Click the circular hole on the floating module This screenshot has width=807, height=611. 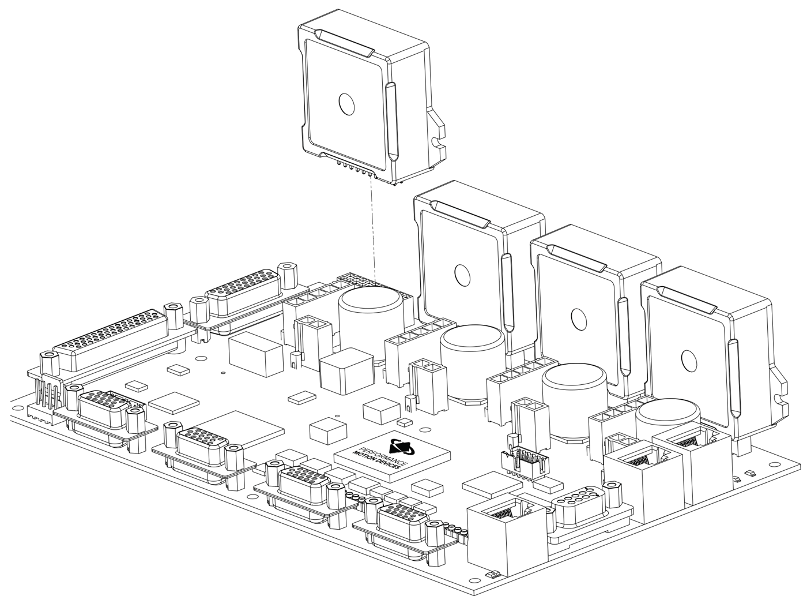(348, 104)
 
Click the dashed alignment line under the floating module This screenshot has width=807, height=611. (372, 231)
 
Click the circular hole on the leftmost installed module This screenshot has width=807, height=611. (462, 274)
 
